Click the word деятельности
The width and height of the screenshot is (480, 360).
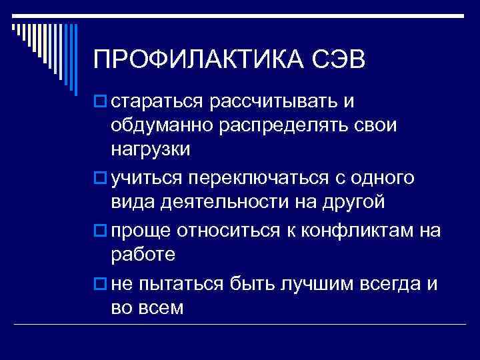225,201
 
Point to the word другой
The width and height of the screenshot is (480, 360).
333,201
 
